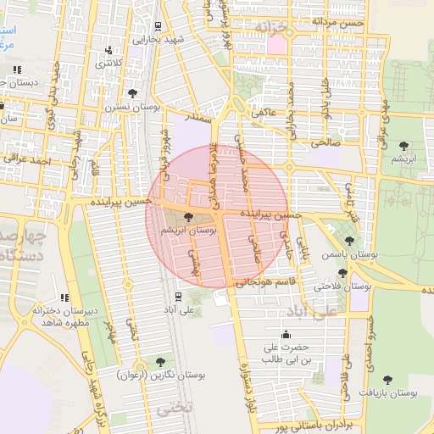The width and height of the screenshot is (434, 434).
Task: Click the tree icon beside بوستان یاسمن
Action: [350, 241]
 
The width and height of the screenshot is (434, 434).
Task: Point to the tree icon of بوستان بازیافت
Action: [387, 381]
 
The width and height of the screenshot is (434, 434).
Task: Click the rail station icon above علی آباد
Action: [177, 296]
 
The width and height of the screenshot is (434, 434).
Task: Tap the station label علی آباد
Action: [177, 310]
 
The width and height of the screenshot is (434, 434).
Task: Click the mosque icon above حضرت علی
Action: [271, 334]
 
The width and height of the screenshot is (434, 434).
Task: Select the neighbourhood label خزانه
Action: [276, 28]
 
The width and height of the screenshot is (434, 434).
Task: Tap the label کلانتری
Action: [108, 64]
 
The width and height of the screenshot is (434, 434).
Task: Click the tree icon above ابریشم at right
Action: [403, 145]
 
